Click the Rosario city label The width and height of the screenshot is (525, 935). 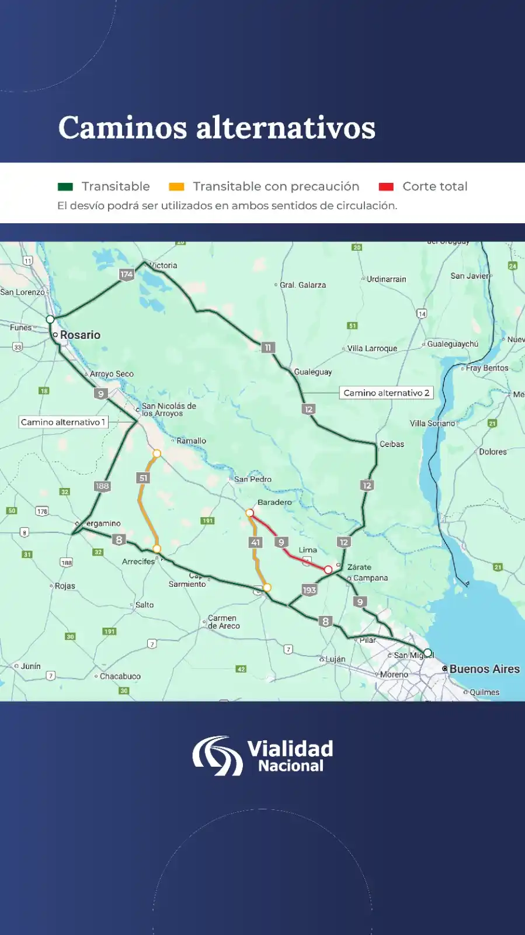[80, 335]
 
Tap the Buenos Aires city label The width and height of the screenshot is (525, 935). [484, 669]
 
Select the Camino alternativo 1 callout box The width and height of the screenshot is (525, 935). [63, 422]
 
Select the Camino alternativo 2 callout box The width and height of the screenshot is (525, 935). [386, 393]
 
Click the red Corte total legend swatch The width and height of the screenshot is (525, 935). [386, 187]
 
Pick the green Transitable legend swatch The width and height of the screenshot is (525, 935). [65, 187]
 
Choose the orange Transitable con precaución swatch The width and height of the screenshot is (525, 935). [176, 187]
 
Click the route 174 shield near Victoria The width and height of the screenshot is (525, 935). [127, 274]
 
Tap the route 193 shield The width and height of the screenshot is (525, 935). [309, 590]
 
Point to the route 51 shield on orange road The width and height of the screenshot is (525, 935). [144, 478]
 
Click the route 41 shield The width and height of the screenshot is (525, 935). [255, 542]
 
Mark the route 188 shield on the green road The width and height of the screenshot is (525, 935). [102, 486]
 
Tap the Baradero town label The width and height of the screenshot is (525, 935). [274, 502]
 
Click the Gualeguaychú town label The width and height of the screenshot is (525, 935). [452, 344]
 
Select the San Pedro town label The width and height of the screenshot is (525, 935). [252, 479]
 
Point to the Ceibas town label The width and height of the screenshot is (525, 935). [391, 444]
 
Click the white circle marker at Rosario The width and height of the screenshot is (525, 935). [50, 319]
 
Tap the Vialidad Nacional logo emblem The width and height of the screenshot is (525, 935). [218, 756]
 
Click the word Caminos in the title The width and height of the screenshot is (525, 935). [123, 127]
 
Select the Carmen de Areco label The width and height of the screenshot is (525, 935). [223, 622]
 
